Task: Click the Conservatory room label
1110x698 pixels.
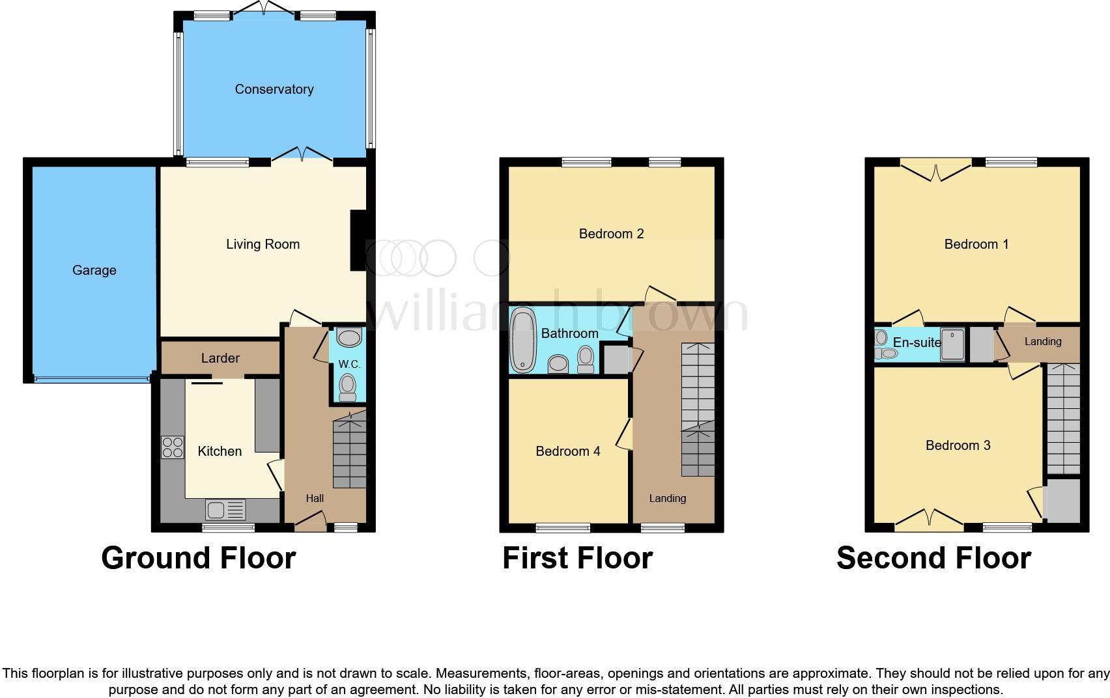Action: (274, 89)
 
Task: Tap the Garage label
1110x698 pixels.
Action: (94, 270)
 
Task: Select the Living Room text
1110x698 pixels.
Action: (263, 244)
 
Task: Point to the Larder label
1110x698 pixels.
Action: (220, 358)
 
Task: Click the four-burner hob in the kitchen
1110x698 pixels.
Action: (173, 447)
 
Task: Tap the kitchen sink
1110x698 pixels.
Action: (225, 509)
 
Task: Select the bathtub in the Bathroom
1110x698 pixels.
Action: (522, 340)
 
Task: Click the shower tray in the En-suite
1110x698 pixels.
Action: (954, 344)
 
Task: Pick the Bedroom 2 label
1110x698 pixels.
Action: (611, 234)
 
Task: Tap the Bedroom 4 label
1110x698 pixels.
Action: (568, 451)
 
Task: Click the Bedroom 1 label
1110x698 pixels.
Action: (976, 244)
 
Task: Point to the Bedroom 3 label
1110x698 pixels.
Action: (958, 445)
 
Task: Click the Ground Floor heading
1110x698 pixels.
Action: (199, 558)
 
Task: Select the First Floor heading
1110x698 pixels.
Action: (577, 558)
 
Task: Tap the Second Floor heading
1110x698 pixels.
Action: (933, 558)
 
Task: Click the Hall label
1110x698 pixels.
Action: (315, 498)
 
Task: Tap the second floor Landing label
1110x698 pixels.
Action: (1043, 341)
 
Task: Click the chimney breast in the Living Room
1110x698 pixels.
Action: (358, 240)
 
